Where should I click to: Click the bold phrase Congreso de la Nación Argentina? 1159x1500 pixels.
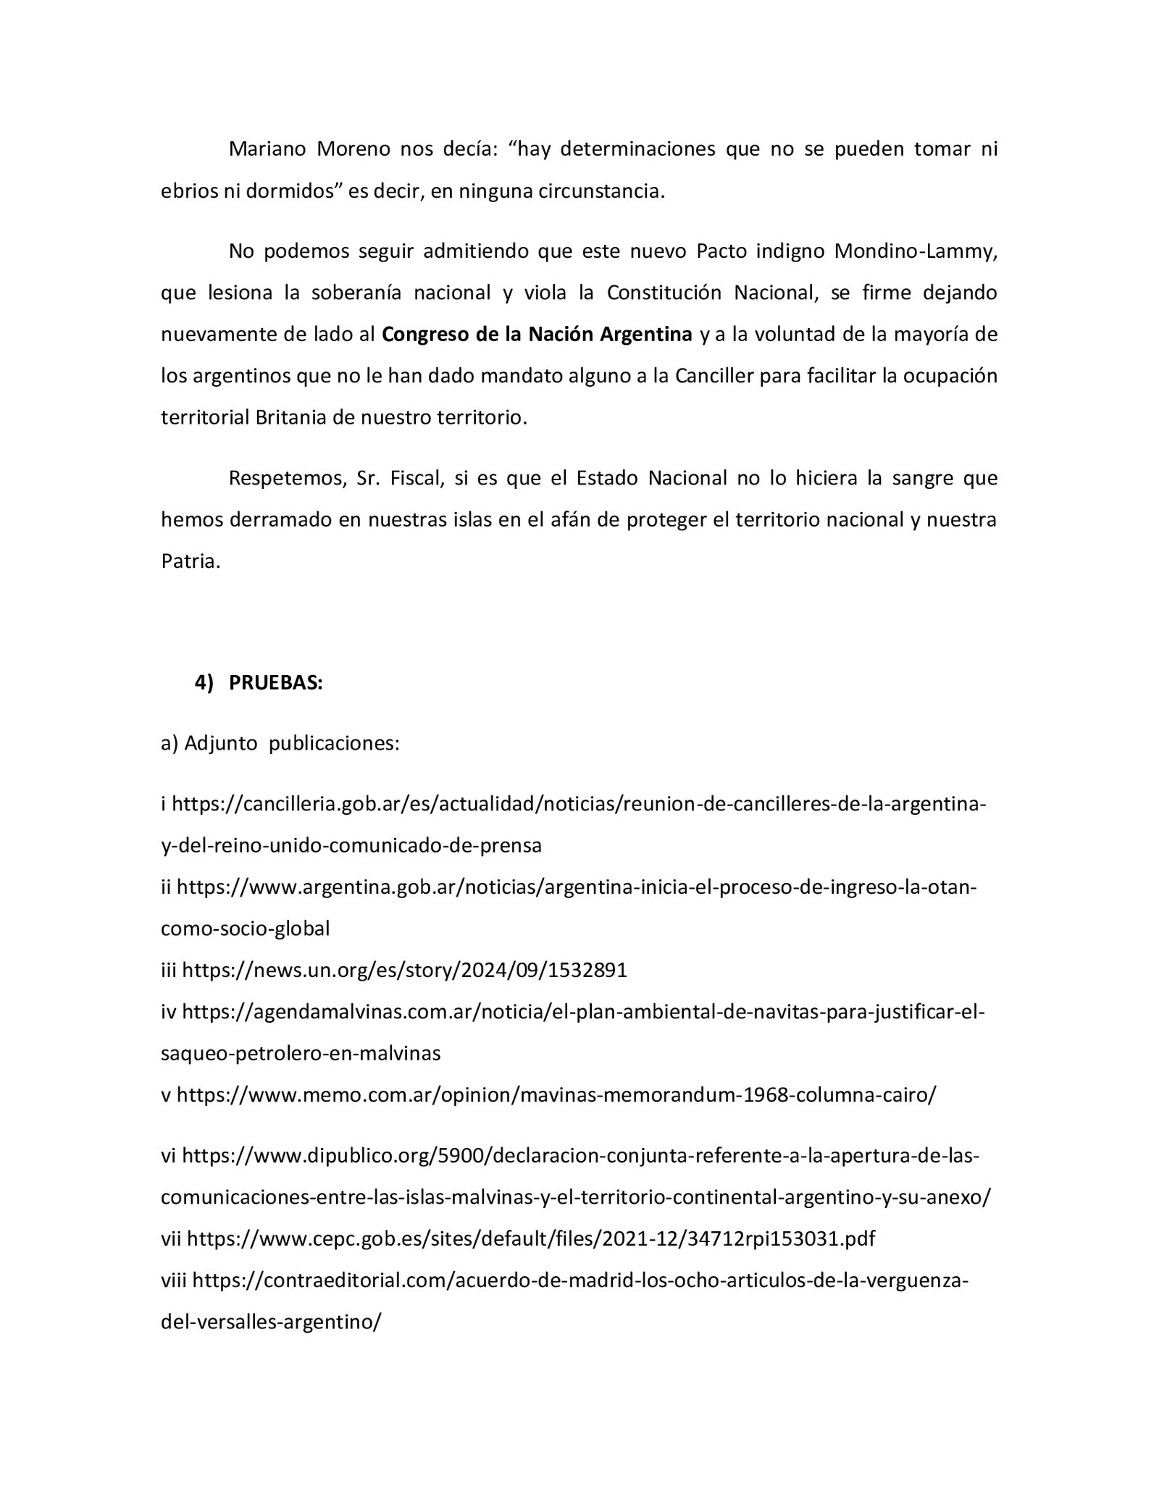click(537, 335)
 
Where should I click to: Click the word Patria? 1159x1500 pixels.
click(188, 562)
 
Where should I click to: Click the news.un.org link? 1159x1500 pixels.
click(404, 971)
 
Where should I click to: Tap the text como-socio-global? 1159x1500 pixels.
click(245, 929)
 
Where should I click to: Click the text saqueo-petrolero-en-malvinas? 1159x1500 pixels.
click(300, 1053)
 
